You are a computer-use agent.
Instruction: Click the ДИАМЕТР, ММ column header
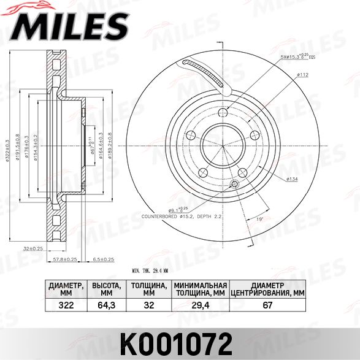click(66, 289)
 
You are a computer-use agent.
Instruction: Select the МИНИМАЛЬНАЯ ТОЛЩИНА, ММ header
click(201, 289)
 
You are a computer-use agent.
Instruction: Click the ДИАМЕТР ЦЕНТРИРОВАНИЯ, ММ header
click(267, 289)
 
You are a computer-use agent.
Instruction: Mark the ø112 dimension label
click(302, 75)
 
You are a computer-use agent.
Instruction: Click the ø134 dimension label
click(293, 178)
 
